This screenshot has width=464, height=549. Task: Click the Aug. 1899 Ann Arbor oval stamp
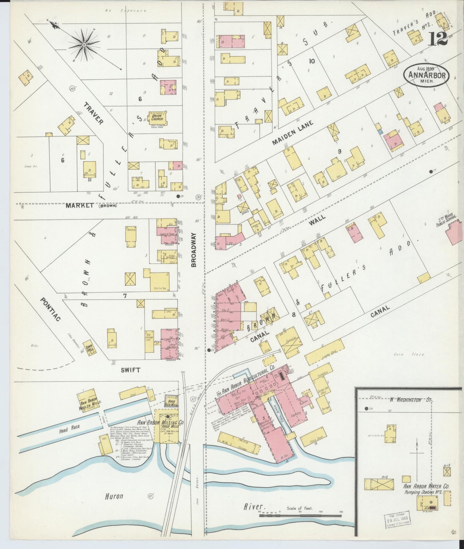(x=426, y=76)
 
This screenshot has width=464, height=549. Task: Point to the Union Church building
(x=157, y=118)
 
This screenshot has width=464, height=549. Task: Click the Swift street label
(x=131, y=370)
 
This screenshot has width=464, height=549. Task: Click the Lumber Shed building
(x=324, y=353)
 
